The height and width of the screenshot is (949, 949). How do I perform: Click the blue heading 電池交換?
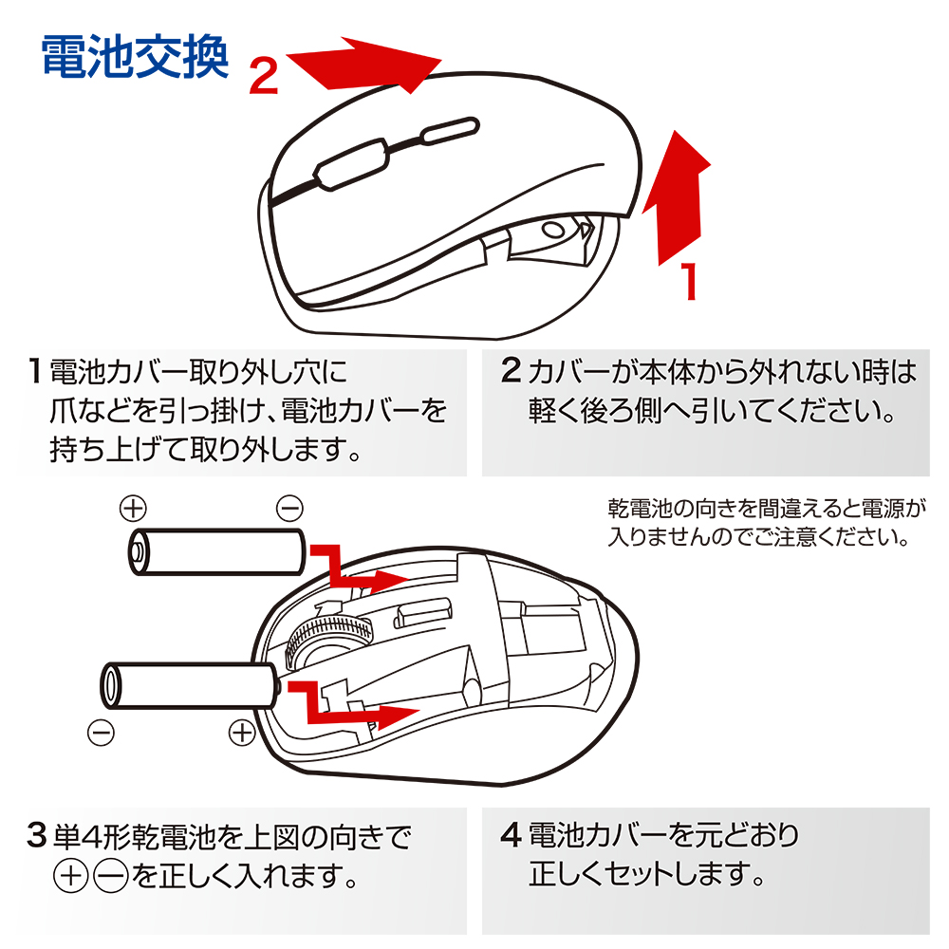136,58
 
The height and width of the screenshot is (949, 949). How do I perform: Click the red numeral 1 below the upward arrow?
690,281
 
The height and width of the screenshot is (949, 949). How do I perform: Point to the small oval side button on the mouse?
448,129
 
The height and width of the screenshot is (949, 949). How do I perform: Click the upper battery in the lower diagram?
215,550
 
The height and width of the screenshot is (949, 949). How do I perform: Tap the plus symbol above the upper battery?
133,508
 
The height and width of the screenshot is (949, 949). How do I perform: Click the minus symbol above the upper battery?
288,508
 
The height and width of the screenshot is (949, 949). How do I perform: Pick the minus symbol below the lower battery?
101,732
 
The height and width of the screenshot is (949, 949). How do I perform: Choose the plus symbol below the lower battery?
243,732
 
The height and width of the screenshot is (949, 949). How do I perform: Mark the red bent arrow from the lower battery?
356,707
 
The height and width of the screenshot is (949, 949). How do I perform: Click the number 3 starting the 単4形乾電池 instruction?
36,836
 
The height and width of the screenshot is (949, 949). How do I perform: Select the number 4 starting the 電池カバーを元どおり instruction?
511,836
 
